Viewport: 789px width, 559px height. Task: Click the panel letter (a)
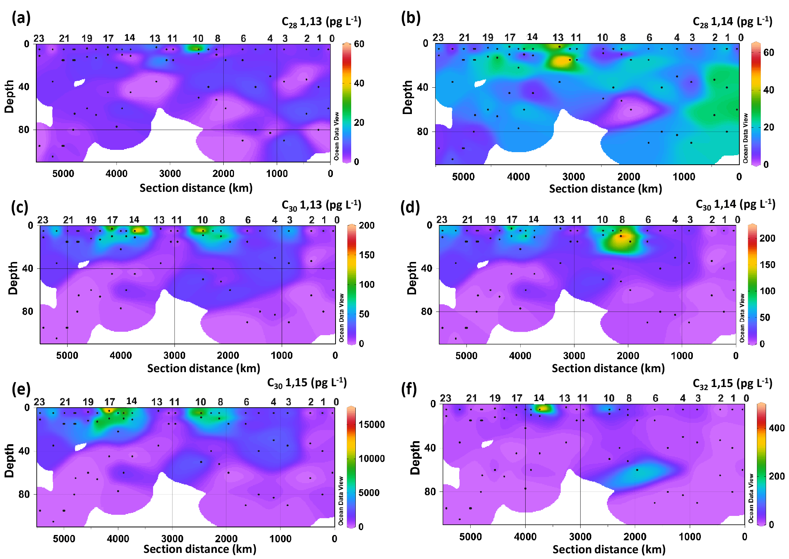[21, 18]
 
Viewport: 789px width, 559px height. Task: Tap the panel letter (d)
[410, 207]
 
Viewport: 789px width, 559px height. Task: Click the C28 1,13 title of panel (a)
[321, 22]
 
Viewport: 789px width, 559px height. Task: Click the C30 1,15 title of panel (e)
[307, 383]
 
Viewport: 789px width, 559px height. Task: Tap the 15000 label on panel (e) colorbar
[371, 424]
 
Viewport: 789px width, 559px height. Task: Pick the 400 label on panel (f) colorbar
[776, 428]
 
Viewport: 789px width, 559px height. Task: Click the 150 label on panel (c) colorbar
[366, 255]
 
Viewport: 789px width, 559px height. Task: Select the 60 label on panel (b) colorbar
[768, 53]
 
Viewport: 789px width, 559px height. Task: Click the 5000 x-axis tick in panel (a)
[63, 173]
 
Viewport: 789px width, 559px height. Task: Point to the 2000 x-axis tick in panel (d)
[628, 356]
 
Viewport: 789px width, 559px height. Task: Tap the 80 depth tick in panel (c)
[27, 312]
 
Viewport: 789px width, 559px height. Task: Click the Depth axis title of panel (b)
[408, 97]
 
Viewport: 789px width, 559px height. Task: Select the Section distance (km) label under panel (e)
[200, 549]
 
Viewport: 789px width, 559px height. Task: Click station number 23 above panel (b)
[438, 37]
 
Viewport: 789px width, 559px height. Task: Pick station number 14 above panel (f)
[539, 398]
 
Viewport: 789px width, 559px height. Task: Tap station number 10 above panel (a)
[198, 38]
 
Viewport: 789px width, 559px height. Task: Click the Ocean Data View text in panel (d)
[742, 318]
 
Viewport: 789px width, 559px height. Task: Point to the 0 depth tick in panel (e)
[27, 408]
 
